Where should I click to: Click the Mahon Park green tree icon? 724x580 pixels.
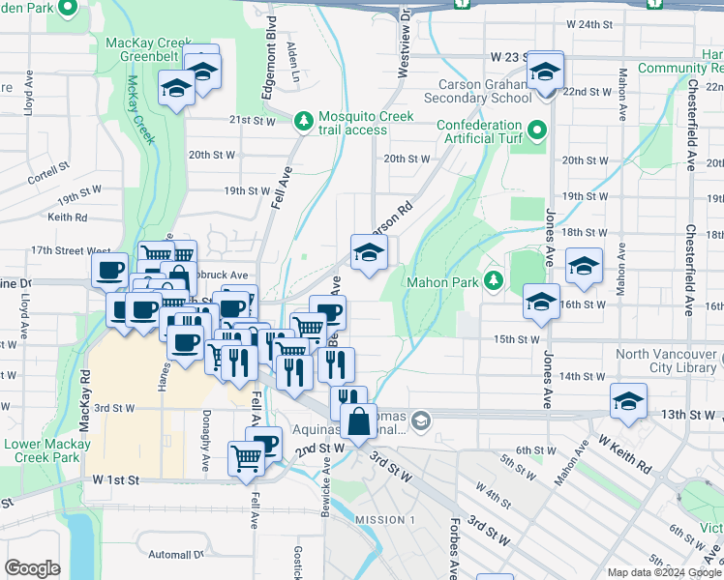(495, 281)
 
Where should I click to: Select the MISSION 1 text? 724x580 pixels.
(384, 520)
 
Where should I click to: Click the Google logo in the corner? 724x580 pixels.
(32, 567)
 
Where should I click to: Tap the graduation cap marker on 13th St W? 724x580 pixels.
(628, 401)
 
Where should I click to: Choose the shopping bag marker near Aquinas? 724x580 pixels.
(358, 422)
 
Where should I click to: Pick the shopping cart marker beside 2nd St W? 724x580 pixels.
(246, 458)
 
